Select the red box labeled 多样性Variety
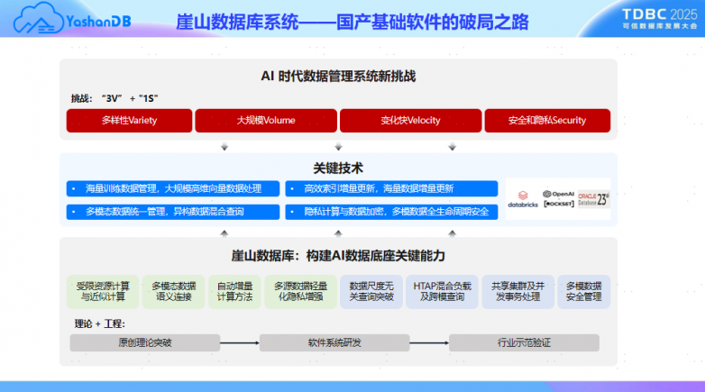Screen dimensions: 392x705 (129, 120)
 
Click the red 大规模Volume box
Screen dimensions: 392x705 (266, 120)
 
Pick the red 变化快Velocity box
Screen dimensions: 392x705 (410, 120)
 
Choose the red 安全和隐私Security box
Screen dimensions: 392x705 (547, 120)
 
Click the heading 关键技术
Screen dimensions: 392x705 (338, 168)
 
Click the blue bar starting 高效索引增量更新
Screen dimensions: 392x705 (391, 188)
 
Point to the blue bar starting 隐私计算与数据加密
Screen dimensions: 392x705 (391, 212)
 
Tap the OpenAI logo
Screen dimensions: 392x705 (558, 194)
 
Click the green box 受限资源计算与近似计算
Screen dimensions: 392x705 (103, 291)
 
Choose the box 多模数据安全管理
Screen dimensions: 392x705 (583, 291)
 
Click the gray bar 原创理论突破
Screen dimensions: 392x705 (144, 342)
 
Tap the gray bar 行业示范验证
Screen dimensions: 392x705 (524, 342)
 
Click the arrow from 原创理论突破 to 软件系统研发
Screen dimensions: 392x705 (239, 342)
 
